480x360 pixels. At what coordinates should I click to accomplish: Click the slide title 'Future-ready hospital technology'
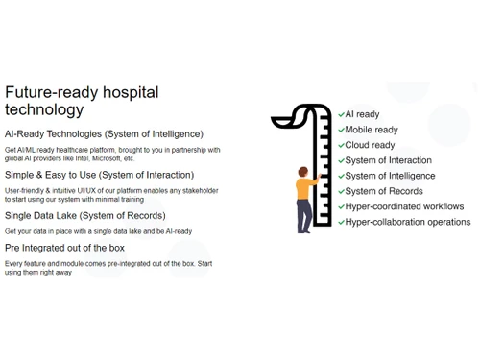point(82,101)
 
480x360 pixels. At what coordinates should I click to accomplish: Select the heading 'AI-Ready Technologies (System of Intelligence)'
point(104,133)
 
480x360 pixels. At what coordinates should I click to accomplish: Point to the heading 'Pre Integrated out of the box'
point(64,248)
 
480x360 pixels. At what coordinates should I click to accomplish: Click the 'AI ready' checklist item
point(362,114)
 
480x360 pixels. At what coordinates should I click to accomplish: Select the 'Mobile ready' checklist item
point(371,130)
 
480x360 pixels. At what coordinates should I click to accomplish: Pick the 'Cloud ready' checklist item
point(370,145)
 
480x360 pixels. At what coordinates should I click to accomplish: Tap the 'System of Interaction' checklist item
point(388,160)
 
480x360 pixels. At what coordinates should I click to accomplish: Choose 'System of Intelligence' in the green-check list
point(390,176)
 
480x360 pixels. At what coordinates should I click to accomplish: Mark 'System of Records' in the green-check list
point(383,191)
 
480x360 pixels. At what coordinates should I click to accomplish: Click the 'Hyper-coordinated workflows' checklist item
point(404,206)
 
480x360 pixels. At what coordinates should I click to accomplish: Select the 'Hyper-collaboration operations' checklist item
point(407,222)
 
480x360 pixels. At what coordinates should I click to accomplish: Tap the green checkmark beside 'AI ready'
point(341,114)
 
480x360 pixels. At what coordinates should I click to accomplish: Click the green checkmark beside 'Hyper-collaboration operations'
point(341,222)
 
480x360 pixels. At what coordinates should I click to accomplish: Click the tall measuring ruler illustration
point(321,163)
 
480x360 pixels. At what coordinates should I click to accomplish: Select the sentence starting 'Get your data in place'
point(98,231)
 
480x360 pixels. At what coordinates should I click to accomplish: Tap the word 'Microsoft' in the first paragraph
point(109,158)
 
